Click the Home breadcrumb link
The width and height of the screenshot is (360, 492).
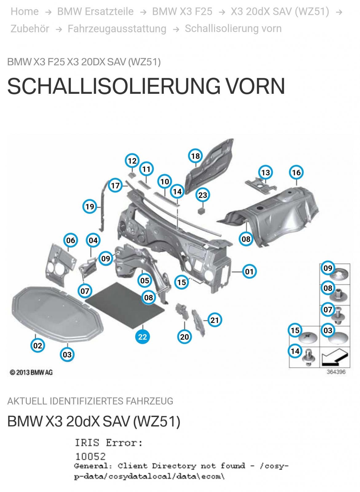click(25, 12)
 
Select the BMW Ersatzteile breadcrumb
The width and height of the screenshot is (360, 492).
click(95, 12)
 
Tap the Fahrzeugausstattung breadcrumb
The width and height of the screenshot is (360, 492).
click(117, 29)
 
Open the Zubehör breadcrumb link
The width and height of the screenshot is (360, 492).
click(30, 29)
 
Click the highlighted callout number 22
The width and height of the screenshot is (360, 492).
click(142, 337)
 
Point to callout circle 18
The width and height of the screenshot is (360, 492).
click(196, 156)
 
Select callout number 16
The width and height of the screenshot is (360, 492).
click(296, 173)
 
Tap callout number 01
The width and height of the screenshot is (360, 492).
click(249, 272)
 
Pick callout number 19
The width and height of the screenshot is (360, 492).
click(90, 206)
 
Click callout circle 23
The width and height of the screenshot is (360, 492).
click(203, 195)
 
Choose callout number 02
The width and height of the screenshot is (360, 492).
click(38, 346)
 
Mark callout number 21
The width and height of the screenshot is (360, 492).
click(215, 320)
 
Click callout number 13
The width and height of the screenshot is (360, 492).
click(265, 173)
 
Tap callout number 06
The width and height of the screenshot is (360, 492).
click(71, 240)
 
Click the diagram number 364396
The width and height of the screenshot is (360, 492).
click(336, 372)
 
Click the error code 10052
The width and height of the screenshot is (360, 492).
click(90, 456)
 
